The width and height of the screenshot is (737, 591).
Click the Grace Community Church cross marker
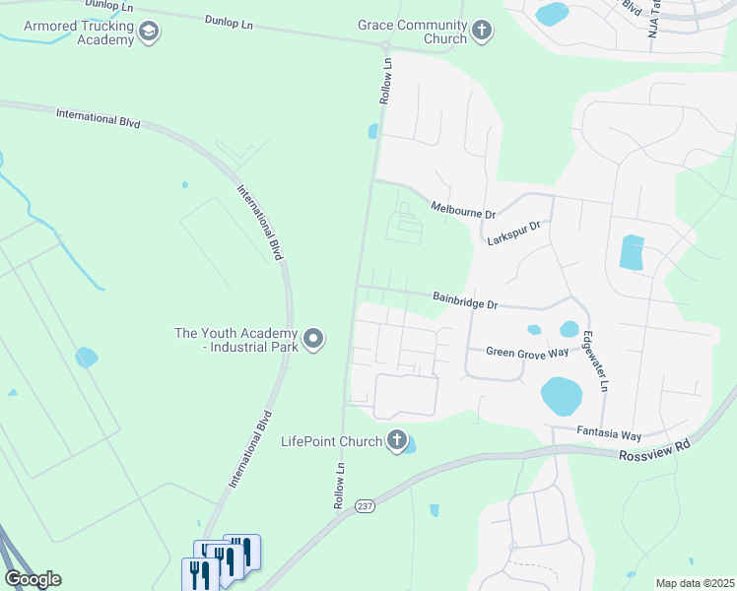click(x=482, y=32)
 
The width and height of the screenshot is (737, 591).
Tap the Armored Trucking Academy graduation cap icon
click(x=149, y=32)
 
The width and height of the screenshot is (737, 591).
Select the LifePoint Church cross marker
click(x=397, y=440)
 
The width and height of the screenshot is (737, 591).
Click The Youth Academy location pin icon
click(x=314, y=340)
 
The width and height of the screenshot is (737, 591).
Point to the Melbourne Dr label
click(x=463, y=210)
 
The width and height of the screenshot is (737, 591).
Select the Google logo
click(x=33, y=579)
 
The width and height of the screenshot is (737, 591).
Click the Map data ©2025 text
click(x=694, y=583)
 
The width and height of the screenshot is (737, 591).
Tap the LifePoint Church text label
click(x=331, y=441)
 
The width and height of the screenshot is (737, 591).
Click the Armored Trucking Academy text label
click(x=78, y=33)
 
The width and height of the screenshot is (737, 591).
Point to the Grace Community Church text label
click(x=413, y=32)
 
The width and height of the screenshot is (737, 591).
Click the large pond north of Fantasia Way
click(x=561, y=395)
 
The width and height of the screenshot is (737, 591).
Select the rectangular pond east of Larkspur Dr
click(x=632, y=253)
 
